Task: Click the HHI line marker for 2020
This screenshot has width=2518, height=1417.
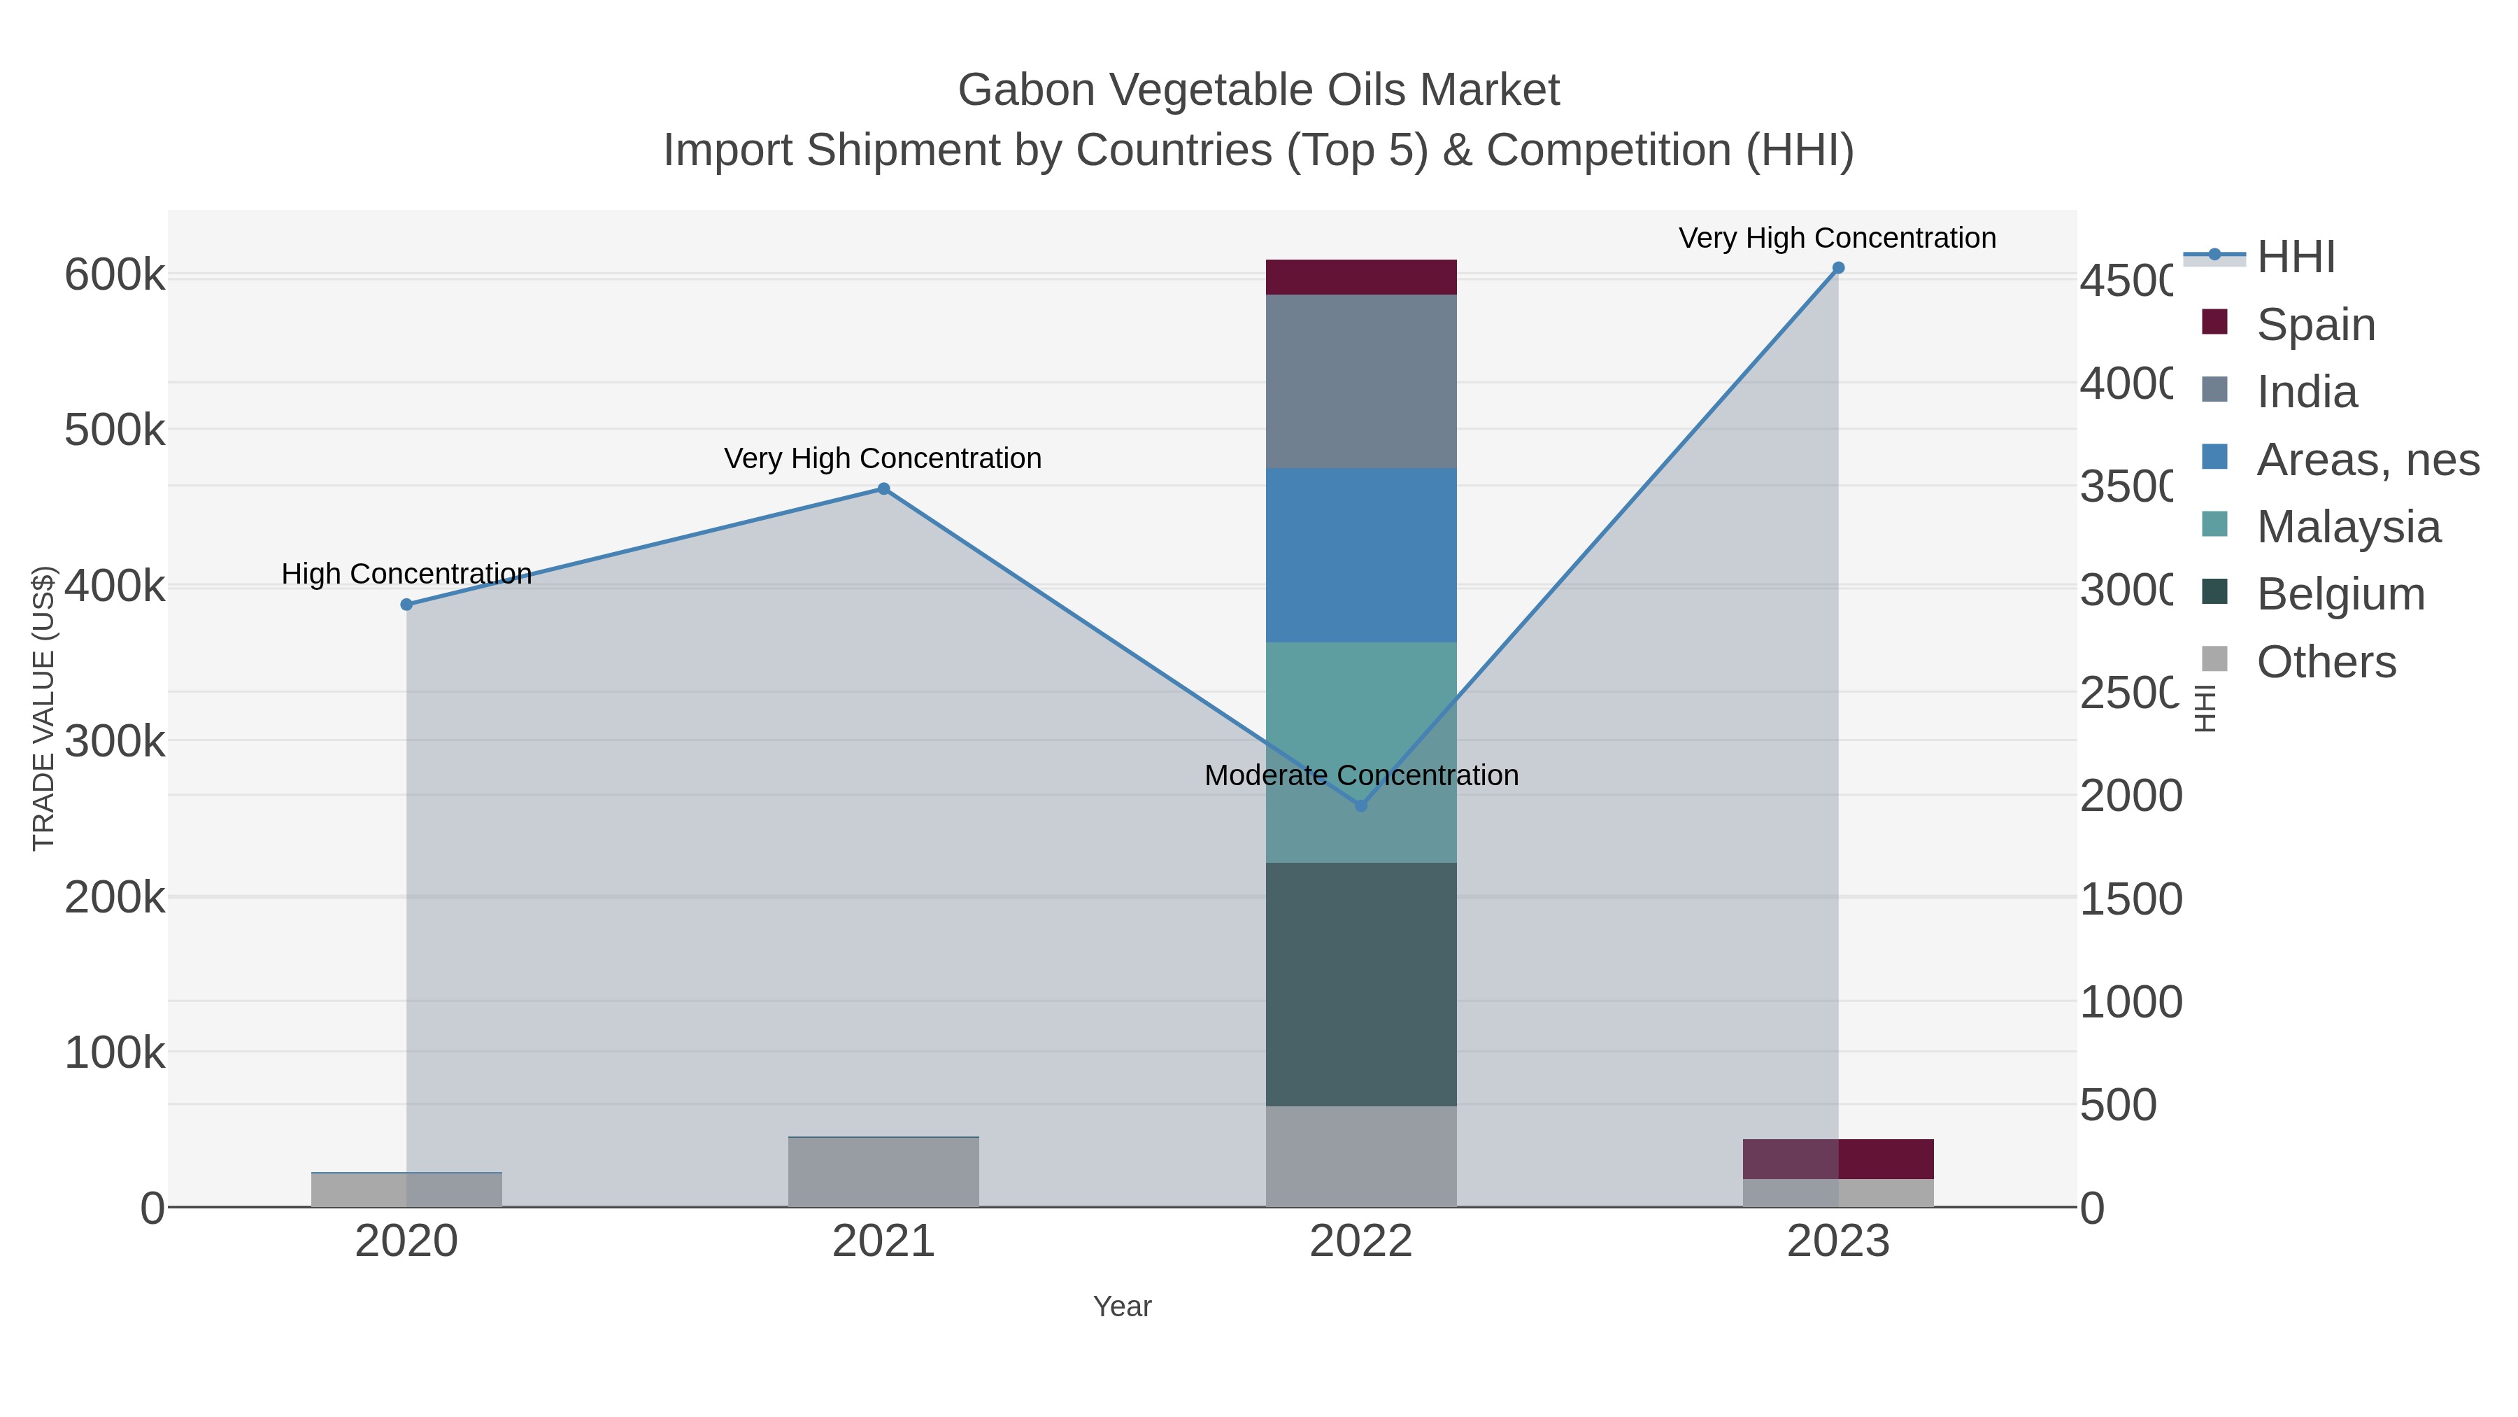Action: click(406, 605)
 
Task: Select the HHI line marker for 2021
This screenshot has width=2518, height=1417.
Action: click(883, 489)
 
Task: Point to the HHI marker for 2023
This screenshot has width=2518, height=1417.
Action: click(1837, 268)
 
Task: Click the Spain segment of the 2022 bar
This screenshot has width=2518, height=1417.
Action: click(1360, 276)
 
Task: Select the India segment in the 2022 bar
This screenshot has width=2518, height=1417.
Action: click(1360, 381)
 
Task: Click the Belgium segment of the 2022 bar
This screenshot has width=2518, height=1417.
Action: click(1360, 983)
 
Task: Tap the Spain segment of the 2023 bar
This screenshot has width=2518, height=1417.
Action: click(1837, 1159)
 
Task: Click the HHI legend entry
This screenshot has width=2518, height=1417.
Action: click(2295, 258)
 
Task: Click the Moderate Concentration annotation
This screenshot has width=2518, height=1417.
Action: click(1360, 775)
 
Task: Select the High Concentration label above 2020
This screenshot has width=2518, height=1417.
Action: click(406, 574)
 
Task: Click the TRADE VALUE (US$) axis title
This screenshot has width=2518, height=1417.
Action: click(44, 708)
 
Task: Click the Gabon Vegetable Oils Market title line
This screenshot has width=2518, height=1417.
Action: click(1258, 90)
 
